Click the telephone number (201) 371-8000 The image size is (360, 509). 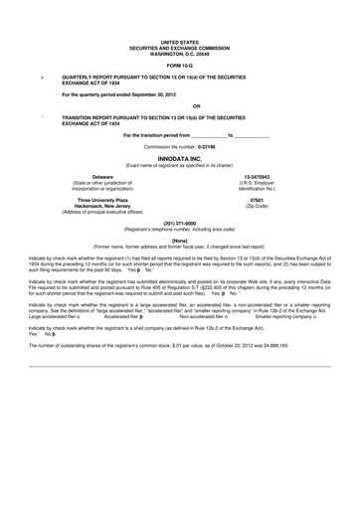click(179, 224)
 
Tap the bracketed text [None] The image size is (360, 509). click(179, 240)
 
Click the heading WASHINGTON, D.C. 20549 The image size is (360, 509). click(179, 48)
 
